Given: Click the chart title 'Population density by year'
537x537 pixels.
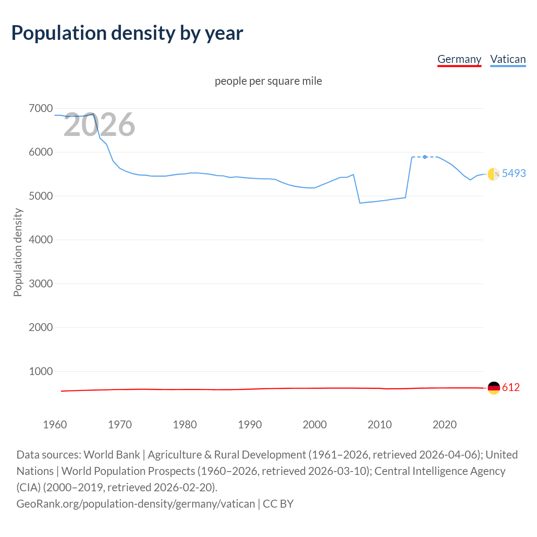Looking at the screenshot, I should (x=127, y=33).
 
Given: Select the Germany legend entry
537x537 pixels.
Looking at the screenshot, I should (x=459, y=59).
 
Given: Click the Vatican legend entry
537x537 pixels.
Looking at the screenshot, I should (x=508, y=59).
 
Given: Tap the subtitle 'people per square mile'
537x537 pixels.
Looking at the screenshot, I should (x=268, y=81).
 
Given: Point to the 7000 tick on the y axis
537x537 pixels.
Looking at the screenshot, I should (x=41, y=108).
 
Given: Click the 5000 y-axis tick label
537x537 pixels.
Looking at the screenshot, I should (x=41, y=196).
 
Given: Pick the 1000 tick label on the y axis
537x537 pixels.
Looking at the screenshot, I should (x=41, y=371).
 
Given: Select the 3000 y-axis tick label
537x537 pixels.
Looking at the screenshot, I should (x=41, y=284).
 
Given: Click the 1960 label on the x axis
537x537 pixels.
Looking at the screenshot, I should (x=55, y=425).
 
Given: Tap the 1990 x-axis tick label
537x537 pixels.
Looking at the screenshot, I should (x=250, y=425).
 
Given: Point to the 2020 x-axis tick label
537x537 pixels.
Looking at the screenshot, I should (x=444, y=425).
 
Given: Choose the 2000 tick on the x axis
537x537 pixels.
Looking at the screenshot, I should (x=315, y=425).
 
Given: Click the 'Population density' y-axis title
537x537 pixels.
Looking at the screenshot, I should (x=18, y=253).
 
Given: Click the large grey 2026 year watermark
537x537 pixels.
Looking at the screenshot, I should (x=99, y=125).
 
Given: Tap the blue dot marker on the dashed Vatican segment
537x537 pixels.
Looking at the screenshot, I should (x=425, y=157).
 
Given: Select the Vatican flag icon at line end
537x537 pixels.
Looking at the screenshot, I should (x=494, y=174).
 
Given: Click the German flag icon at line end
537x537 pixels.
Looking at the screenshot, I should (x=494, y=388).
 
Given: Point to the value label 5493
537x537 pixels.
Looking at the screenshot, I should (x=514, y=173).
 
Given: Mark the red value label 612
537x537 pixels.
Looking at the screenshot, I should (x=511, y=387).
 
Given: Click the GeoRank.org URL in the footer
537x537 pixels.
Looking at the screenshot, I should (x=136, y=503).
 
